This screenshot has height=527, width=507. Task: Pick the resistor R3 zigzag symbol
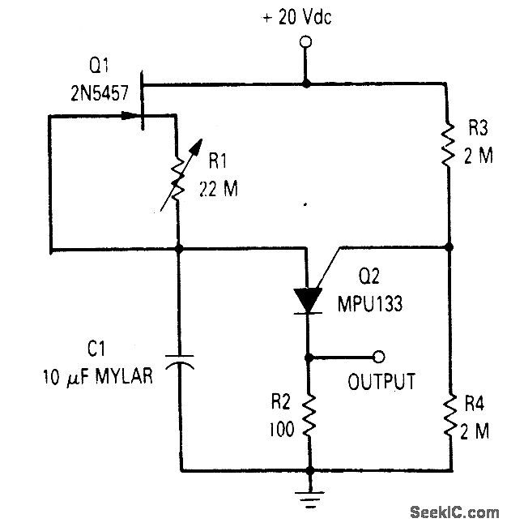(x=447, y=142)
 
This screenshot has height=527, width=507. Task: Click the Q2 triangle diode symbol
(x=307, y=299)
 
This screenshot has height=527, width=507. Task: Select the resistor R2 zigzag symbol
(x=307, y=416)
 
